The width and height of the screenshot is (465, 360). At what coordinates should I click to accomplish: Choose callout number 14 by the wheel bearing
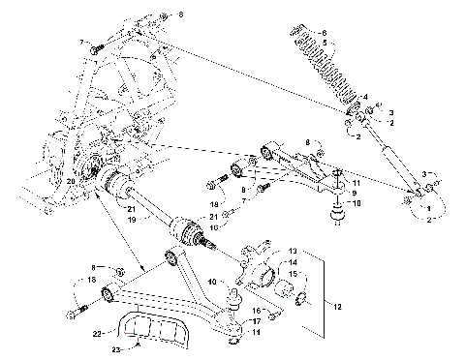pyautogui.click(x=294, y=262)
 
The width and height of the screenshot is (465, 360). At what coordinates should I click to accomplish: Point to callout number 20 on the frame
pyautogui.click(x=71, y=180)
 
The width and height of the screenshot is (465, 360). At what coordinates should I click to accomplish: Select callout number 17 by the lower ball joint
pyautogui.click(x=257, y=320)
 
